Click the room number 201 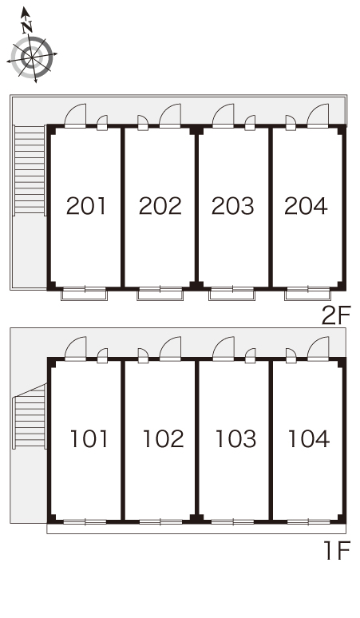pyautogui.click(x=86, y=206)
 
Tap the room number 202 pyautogui.click(x=160, y=206)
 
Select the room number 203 pyautogui.click(x=233, y=206)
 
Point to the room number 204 pyautogui.click(x=306, y=206)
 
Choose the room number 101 pyautogui.click(x=89, y=438)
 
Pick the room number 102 pyautogui.click(x=163, y=438)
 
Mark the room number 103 pyautogui.click(x=236, y=438)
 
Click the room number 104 pyautogui.click(x=309, y=438)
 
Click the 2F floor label pyautogui.click(x=335, y=315)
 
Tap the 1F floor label pyautogui.click(x=337, y=550)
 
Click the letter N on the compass pyautogui.click(x=27, y=27)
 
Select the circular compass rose pyautogui.click(x=32, y=57)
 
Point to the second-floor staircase pyautogui.click(x=30, y=170)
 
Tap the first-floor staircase pyautogui.click(x=30, y=417)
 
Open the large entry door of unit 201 pyautogui.click(x=75, y=116)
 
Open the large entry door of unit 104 pyautogui.click(x=318, y=349)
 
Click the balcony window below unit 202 pyautogui.click(x=160, y=294)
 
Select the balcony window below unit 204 pyautogui.click(x=307, y=294)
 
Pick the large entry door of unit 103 pyautogui.click(x=224, y=349)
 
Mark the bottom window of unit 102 pyautogui.click(x=160, y=522)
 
